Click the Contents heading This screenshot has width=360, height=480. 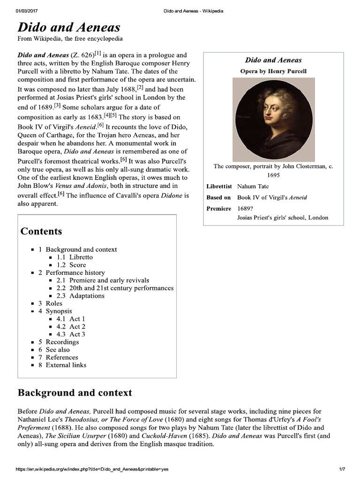point(41,231)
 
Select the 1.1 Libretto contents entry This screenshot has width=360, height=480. point(75,257)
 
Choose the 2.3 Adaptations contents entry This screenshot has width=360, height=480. point(81,296)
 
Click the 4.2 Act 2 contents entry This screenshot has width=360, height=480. point(71,327)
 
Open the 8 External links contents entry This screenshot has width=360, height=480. point(62,365)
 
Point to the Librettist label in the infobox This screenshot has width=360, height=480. point(219,187)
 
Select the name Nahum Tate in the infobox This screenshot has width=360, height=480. point(253,187)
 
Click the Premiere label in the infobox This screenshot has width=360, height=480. point(219,208)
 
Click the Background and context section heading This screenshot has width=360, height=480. point(75,393)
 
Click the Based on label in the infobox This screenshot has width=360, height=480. point(218,197)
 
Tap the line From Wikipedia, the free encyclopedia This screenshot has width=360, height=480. point(70,38)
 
